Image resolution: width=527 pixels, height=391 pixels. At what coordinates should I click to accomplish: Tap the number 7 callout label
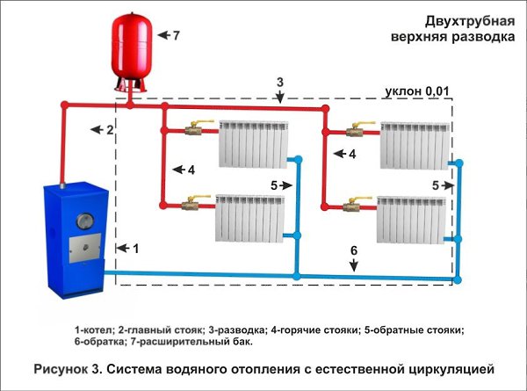click(176, 36)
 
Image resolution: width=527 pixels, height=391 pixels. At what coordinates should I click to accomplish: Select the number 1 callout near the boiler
click(134, 249)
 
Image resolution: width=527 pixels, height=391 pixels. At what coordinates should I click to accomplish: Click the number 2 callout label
click(110, 130)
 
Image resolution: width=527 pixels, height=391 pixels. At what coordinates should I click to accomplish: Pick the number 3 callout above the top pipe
click(279, 83)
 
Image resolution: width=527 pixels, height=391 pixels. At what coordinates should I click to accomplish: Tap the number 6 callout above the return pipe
click(353, 251)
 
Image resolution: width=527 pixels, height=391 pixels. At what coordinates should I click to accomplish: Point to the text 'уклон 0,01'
click(416, 91)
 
